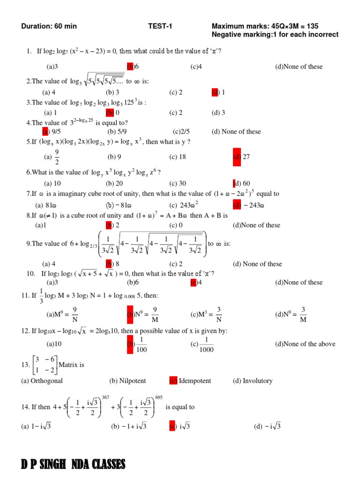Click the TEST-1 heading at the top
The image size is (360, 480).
160,26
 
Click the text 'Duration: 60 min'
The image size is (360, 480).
49,26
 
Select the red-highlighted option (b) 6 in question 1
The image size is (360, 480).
133,67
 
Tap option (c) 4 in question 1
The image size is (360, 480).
196,67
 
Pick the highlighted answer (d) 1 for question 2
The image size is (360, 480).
218,92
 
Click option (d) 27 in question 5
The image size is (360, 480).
241,157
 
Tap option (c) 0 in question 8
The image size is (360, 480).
176,225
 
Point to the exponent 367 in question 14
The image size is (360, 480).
105,397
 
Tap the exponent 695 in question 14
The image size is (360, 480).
158,397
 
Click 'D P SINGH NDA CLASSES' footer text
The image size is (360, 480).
73,465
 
